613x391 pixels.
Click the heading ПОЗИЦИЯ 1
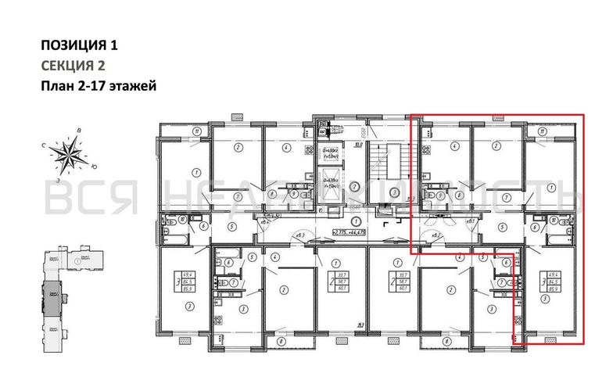pos(81,45)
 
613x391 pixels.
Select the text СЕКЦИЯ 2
pos(73,66)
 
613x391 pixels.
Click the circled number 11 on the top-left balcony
pos(177,131)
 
